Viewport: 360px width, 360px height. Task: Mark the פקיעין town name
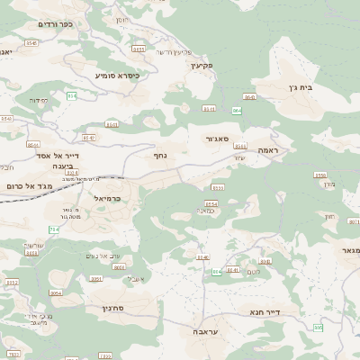(201, 66)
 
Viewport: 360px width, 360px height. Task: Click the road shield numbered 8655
(137, 49)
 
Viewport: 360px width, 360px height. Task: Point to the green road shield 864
(237, 110)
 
